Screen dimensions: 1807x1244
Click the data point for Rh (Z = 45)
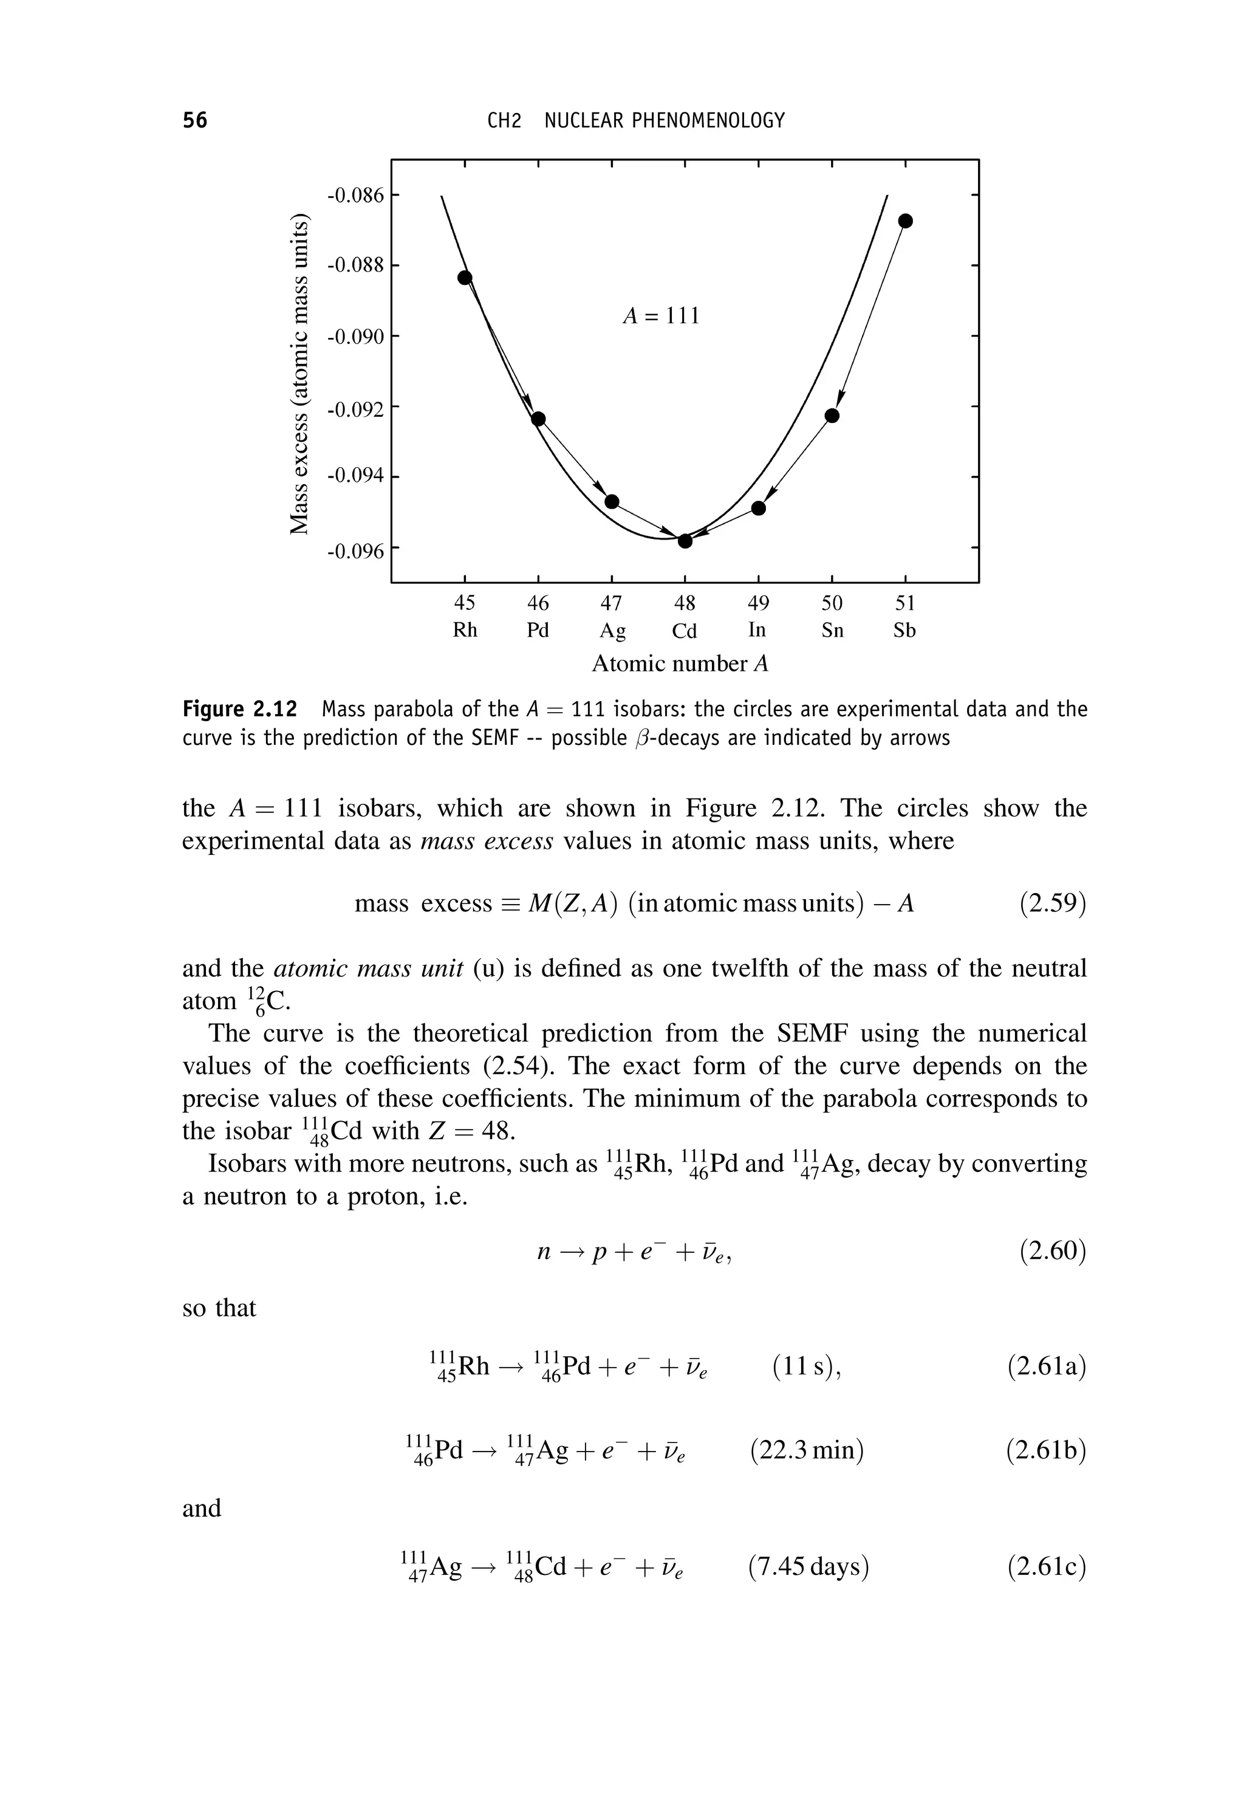click(465, 278)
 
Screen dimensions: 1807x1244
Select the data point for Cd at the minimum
click(685, 541)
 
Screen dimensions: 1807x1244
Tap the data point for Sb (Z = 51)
click(905, 221)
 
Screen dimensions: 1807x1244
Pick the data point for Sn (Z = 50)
click(832, 416)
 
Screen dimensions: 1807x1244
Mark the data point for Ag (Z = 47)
click(612, 501)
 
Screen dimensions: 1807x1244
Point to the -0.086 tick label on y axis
click(355, 195)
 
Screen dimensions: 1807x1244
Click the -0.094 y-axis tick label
click(355, 476)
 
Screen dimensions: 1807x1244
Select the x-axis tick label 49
click(759, 603)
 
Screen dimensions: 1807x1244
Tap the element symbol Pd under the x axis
click(538, 630)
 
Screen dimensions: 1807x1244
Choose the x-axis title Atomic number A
click(680, 663)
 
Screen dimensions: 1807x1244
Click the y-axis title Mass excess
click(300, 374)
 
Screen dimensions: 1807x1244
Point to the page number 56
click(195, 121)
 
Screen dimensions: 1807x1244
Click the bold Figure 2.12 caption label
click(240, 710)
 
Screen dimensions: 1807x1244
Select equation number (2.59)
click(1052, 903)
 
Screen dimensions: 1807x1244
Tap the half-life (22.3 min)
click(807, 1450)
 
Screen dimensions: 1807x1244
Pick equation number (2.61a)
click(1046, 1366)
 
